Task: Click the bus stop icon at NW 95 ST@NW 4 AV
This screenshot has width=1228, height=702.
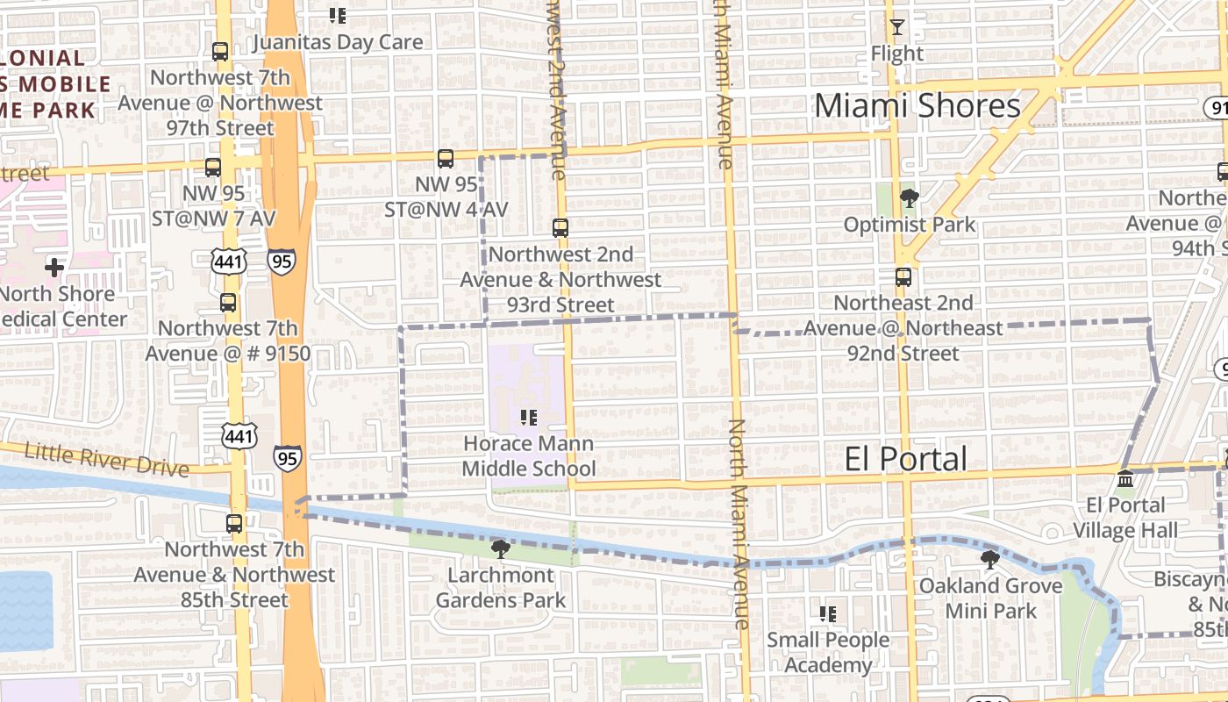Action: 446,159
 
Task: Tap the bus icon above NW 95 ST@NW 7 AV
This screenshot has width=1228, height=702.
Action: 213,168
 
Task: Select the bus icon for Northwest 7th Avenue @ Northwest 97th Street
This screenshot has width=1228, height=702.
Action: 220,52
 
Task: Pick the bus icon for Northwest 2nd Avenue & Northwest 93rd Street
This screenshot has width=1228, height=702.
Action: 560,228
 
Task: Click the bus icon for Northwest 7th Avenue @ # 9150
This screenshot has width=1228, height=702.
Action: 228,303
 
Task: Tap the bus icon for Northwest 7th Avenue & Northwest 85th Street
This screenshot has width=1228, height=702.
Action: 234,524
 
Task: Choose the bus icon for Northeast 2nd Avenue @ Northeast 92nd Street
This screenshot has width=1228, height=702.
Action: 903,277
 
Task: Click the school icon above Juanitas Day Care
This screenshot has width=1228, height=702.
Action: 338,16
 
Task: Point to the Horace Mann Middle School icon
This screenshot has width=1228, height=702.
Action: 528,418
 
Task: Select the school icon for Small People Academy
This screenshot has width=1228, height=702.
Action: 827,614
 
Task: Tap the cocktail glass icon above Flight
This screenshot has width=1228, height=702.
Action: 896,27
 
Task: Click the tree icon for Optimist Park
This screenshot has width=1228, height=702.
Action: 909,198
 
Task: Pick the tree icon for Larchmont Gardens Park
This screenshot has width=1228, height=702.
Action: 501,549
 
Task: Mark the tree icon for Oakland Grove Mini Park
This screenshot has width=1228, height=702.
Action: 990,560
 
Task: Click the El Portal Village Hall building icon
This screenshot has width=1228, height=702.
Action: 1125,479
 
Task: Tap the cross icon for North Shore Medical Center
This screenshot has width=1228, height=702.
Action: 54,267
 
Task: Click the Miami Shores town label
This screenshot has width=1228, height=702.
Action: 917,105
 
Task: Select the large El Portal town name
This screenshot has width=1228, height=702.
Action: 905,459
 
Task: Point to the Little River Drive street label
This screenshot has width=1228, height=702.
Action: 106,459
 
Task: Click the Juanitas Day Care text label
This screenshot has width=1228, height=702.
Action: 338,42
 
